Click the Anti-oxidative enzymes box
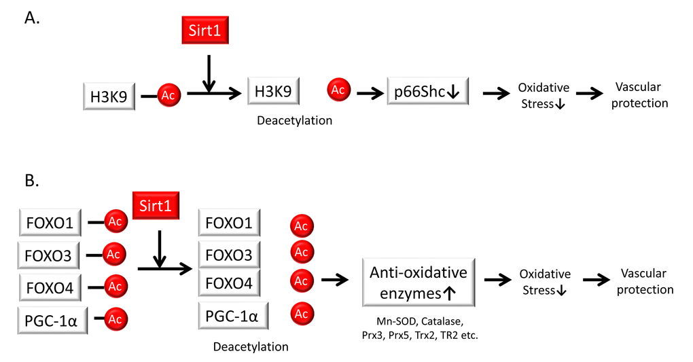(x=418, y=283)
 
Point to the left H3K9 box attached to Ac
(x=108, y=96)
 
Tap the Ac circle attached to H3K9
(x=168, y=95)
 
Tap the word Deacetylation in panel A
(x=294, y=121)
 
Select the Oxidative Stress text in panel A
(x=543, y=96)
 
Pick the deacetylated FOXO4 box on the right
(x=228, y=283)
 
